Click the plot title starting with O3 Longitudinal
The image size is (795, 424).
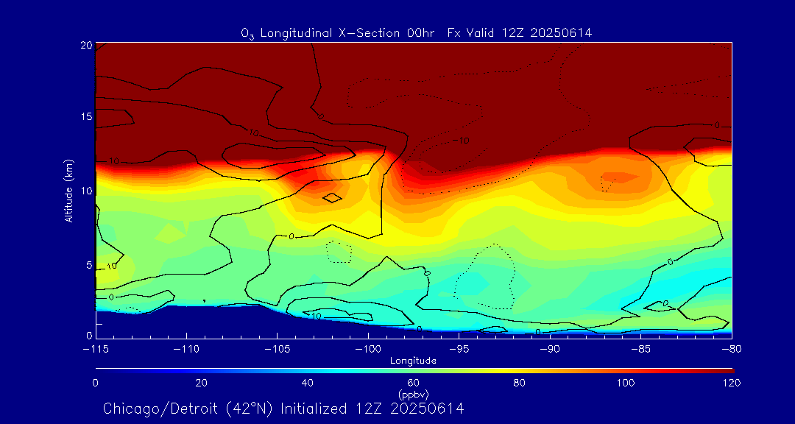tap(416, 32)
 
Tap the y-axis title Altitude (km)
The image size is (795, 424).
tap(68, 191)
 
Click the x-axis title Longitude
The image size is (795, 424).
tap(414, 361)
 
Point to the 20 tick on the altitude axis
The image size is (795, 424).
tap(86, 45)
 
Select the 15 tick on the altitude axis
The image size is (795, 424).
tap(86, 118)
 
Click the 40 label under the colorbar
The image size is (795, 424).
tap(308, 383)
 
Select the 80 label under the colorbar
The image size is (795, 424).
tap(520, 383)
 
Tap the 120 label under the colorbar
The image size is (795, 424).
tap(731, 383)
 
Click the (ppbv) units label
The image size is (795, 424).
tap(414, 394)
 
